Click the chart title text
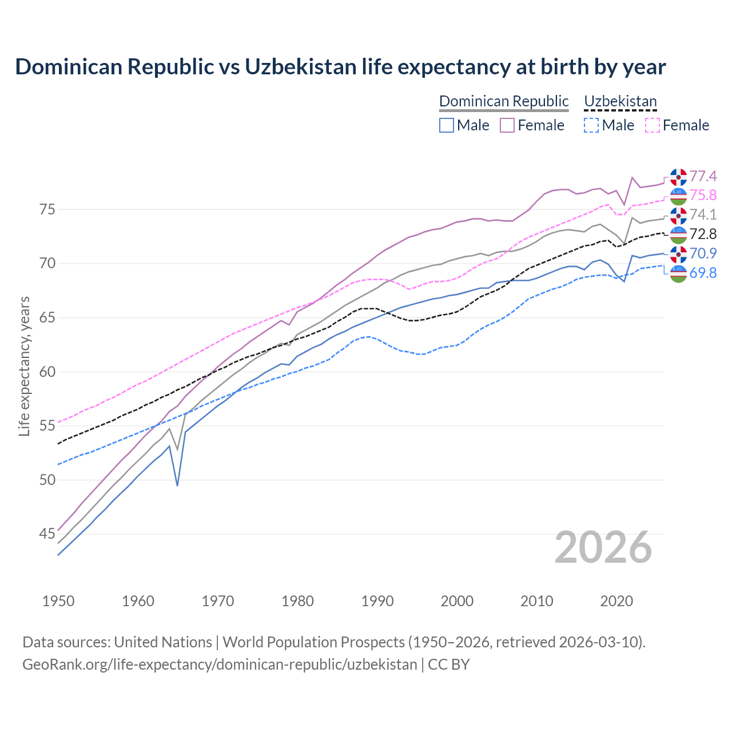point(340,67)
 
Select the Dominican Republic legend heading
point(504,101)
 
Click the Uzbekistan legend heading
point(620,101)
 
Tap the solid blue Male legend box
point(447,125)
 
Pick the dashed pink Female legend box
point(653,125)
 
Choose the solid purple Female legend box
point(507,125)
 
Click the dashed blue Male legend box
point(591,125)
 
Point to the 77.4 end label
point(703,176)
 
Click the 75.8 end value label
point(703,196)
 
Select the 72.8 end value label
point(703,234)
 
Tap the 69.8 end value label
point(703,273)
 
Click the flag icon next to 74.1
point(678,215)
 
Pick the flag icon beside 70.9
point(678,254)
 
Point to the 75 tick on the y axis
point(47,209)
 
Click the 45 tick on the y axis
point(47,534)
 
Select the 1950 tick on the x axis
point(58,601)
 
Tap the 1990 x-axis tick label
point(377,601)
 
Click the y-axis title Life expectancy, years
point(24,366)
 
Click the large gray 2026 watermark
point(603,547)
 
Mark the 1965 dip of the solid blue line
point(177,486)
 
